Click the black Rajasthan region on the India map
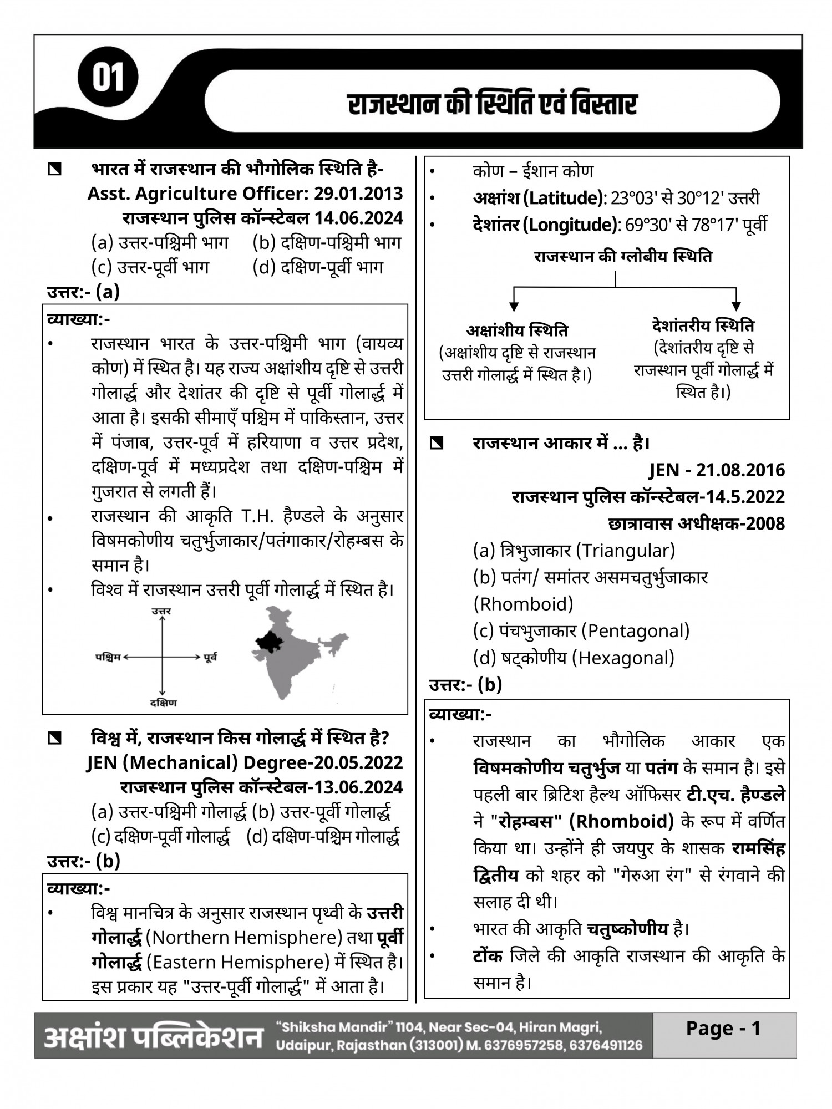pyautogui.click(x=269, y=642)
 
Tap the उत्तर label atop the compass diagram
pyautogui.click(x=161, y=611)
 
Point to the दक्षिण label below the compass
pyautogui.click(x=163, y=703)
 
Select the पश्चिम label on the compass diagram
pyautogui.click(x=108, y=658)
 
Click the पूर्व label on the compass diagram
pyautogui.click(x=210, y=658)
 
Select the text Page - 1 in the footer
pyautogui.click(x=723, y=1029)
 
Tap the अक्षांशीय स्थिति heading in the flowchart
pyautogui.click(x=517, y=330)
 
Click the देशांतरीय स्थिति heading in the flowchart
pyautogui.click(x=703, y=325)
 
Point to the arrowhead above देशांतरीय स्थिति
pyautogui.click(x=736, y=306)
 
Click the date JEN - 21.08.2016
pyautogui.click(x=717, y=470)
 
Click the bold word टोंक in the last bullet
pyautogui.click(x=488, y=956)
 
